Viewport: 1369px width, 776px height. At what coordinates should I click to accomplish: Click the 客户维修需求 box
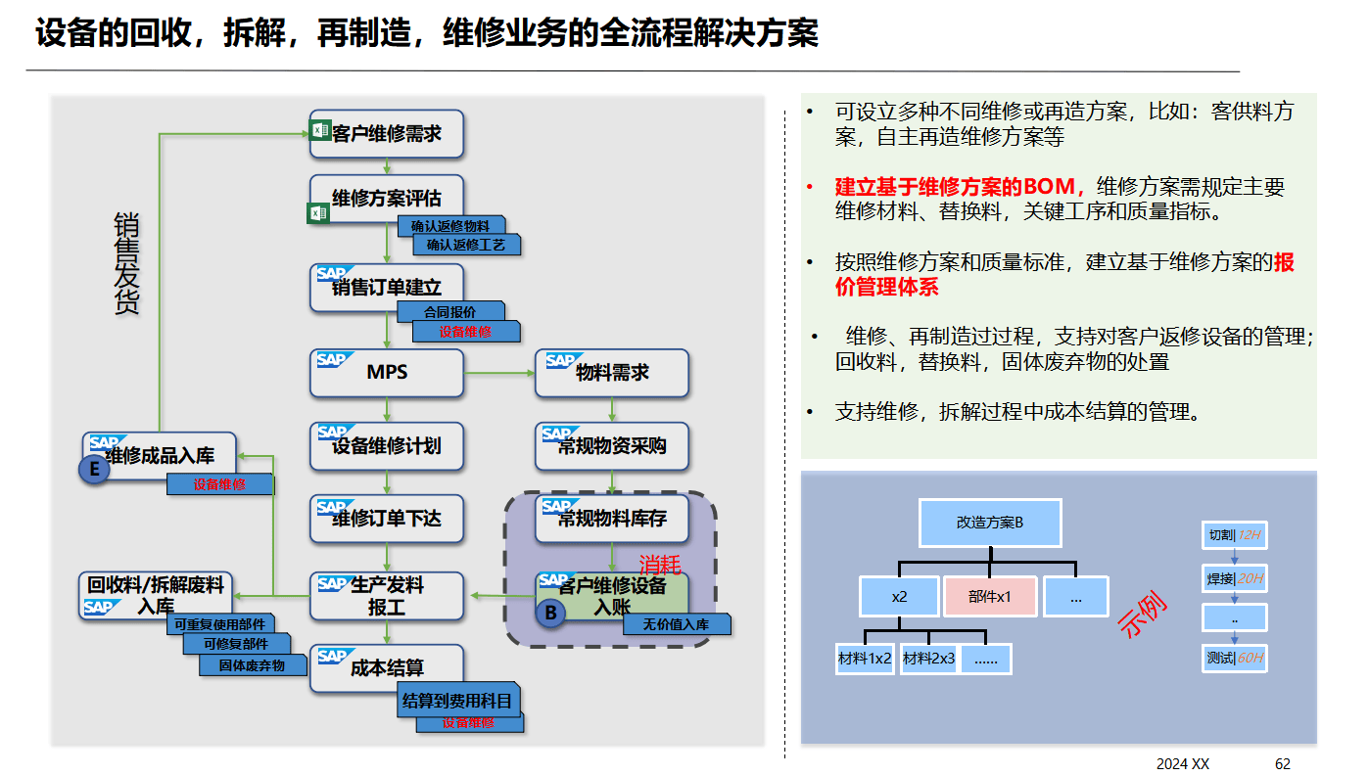point(386,134)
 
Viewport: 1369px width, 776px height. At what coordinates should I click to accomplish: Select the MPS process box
point(386,373)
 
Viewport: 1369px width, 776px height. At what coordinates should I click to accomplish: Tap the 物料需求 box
point(611,373)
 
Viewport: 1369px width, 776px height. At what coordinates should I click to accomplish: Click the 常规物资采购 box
point(611,446)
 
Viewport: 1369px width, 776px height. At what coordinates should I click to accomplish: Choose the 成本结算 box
point(386,669)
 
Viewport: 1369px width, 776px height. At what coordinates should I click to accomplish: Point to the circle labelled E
point(94,471)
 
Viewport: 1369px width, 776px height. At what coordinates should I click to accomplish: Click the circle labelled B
point(550,614)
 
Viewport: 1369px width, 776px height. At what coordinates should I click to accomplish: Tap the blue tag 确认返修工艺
point(466,245)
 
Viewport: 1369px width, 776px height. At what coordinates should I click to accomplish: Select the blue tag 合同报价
point(450,312)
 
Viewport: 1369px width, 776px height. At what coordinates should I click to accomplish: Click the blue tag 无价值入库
point(676,624)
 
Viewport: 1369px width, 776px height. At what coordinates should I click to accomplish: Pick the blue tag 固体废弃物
point(252,665)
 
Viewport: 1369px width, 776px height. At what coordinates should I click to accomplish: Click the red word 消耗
point(659,565)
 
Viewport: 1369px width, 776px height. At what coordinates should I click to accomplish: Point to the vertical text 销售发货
point(126,263)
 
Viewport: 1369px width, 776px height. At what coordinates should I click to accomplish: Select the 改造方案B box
point(990,523)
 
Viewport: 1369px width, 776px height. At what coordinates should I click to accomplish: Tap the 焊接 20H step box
point(1234,578)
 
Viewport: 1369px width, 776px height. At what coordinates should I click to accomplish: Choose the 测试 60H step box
point(1234,658)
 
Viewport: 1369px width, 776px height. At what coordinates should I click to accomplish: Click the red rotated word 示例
point(1144,615)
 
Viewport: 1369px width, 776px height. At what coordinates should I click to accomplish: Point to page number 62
point(1283,763)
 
